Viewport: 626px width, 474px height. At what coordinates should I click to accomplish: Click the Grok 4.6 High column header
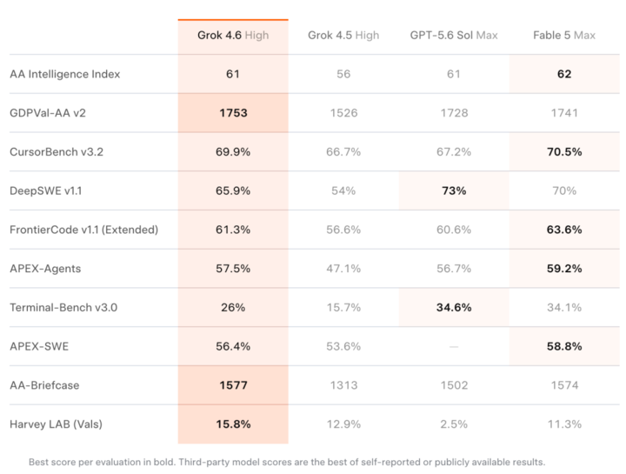(x=233, y=36)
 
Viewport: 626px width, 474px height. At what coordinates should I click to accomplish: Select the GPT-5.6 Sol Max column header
(x=454, y=36)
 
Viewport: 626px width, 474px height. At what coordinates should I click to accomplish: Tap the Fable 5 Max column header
(x=564, y=36)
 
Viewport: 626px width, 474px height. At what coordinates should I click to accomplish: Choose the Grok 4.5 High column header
(x=343, y=36)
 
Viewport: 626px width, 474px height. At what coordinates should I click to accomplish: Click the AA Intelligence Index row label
(x=64, y=74)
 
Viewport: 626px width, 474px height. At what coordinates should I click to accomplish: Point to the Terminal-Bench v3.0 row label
(x=63, y=308)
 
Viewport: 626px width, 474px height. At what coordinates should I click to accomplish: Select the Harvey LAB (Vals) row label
(x=56, y=424)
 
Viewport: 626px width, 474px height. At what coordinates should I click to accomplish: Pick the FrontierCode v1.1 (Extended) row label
(x=83, y=230)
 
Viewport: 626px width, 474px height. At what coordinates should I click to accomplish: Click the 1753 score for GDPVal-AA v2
(x=233, y=113)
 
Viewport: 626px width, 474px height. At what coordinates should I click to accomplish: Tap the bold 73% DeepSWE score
(x=454, y=190)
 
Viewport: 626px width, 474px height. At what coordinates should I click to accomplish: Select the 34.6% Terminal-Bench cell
(x=454, y=308)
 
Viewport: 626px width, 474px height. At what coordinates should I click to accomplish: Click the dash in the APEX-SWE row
(x=454, y=347)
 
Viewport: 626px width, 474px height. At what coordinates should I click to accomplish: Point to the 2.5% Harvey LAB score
(x=454, y=424)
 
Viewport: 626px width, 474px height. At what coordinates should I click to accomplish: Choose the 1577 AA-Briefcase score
(x=233, y=385)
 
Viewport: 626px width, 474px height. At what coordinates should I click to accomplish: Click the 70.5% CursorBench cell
(x=564, y=152)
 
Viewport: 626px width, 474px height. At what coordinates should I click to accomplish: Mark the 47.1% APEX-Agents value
(x=343, y=269)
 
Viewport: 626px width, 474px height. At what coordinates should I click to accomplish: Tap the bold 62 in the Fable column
(x=564, y=74)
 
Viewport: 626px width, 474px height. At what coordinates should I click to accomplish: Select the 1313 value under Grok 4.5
(x=343, y=385)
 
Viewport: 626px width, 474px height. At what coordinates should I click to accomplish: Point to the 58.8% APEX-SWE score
(x=564, y=347)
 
